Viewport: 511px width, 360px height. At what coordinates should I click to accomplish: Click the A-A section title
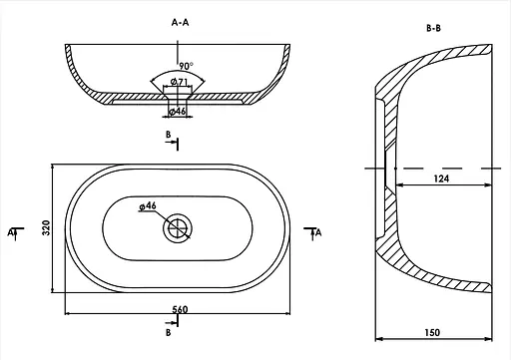click(180, 23)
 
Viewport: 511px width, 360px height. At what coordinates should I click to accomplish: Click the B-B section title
click(433, 28)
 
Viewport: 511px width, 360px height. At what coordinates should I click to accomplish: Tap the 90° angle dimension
click(186, 66)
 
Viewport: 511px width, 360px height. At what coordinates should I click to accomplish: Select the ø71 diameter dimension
click(179, 82)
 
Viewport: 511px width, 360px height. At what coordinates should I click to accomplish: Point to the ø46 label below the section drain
click(177, 111)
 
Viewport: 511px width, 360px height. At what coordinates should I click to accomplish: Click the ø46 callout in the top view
click(148, 206)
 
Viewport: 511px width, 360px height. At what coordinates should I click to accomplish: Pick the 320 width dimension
click(46, 228)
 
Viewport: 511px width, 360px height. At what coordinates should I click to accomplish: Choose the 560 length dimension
click(180, 309)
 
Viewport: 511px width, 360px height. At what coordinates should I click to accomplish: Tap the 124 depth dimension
click(441, 179)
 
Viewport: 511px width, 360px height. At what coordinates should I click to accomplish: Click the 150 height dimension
click(432, 332)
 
